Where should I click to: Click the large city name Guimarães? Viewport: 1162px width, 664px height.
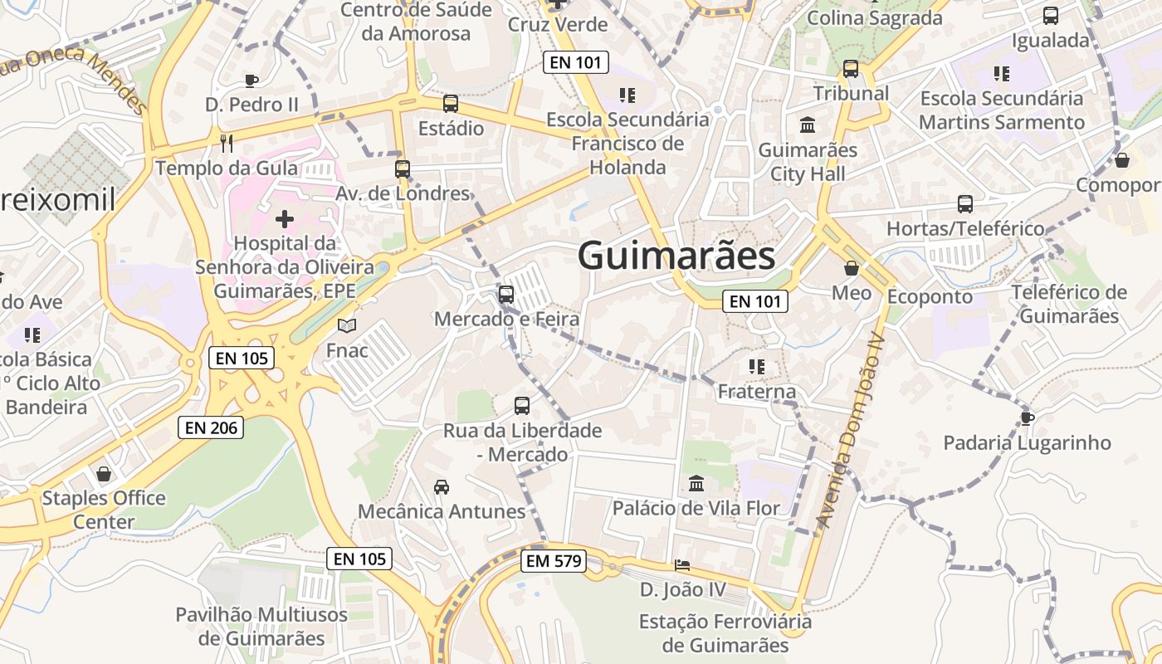[676, 256]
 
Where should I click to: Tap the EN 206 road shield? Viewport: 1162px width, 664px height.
[212, 427]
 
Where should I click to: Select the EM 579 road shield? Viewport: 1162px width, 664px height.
[554, 561]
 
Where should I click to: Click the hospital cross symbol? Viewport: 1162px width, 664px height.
[285, 219]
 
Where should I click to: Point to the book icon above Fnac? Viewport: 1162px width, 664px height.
[346, 325]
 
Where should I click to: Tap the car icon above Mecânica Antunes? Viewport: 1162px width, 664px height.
[442, 486]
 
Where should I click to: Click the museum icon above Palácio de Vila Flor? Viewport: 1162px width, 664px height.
[696, 483]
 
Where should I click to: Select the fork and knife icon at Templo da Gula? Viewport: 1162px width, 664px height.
[227, 143]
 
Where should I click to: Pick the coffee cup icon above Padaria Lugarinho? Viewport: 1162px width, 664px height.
[1027, 417]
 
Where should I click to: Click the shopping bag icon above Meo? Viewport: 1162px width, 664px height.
[852, 268]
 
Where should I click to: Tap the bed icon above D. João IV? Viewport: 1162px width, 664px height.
[682, 565]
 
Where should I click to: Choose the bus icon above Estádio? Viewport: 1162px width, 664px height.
[451, 104]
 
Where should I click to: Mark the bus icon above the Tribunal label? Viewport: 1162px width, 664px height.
[851, 69]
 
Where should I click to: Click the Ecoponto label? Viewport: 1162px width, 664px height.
[930, 296]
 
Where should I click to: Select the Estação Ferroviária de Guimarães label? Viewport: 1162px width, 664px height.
[725, 633]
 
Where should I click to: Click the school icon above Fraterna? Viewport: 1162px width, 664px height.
[756, 366]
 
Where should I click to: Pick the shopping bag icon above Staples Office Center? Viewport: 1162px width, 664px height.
[104, 474]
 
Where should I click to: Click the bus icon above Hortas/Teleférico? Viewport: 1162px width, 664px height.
[965, 203]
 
